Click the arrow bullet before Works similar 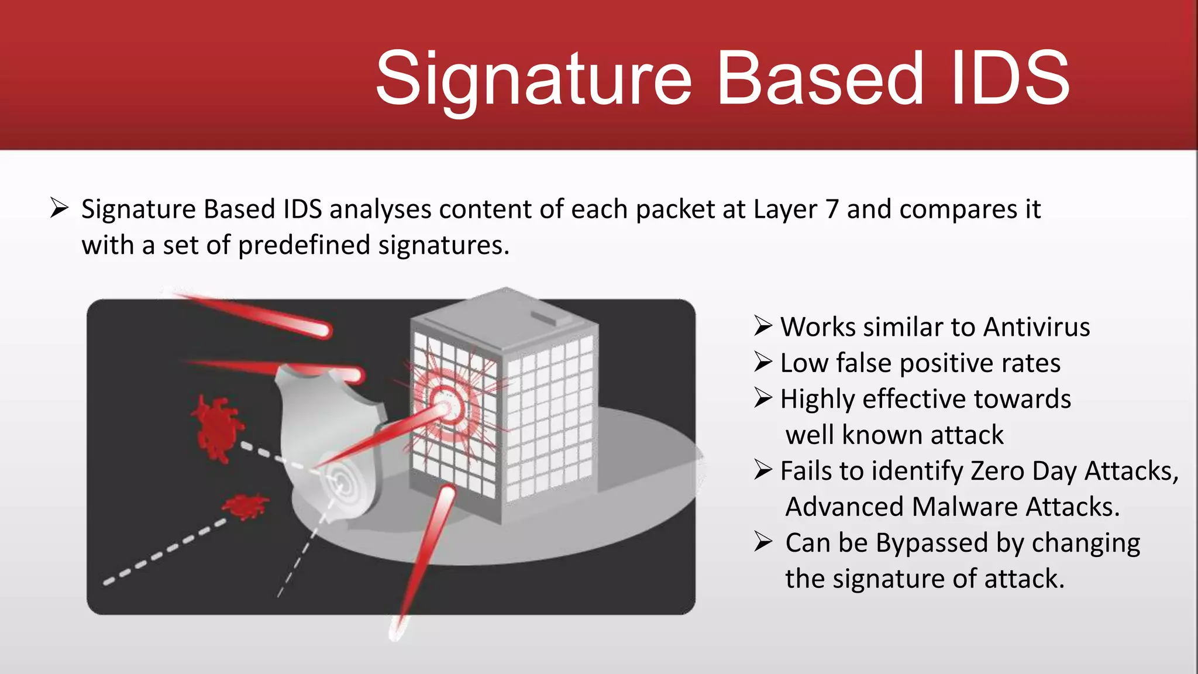coord(763,326)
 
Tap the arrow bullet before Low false coord(763,362)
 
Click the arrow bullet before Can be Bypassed coord(763,542)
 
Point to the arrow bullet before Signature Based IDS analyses coord(60,208)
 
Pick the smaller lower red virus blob coord(246,505)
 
